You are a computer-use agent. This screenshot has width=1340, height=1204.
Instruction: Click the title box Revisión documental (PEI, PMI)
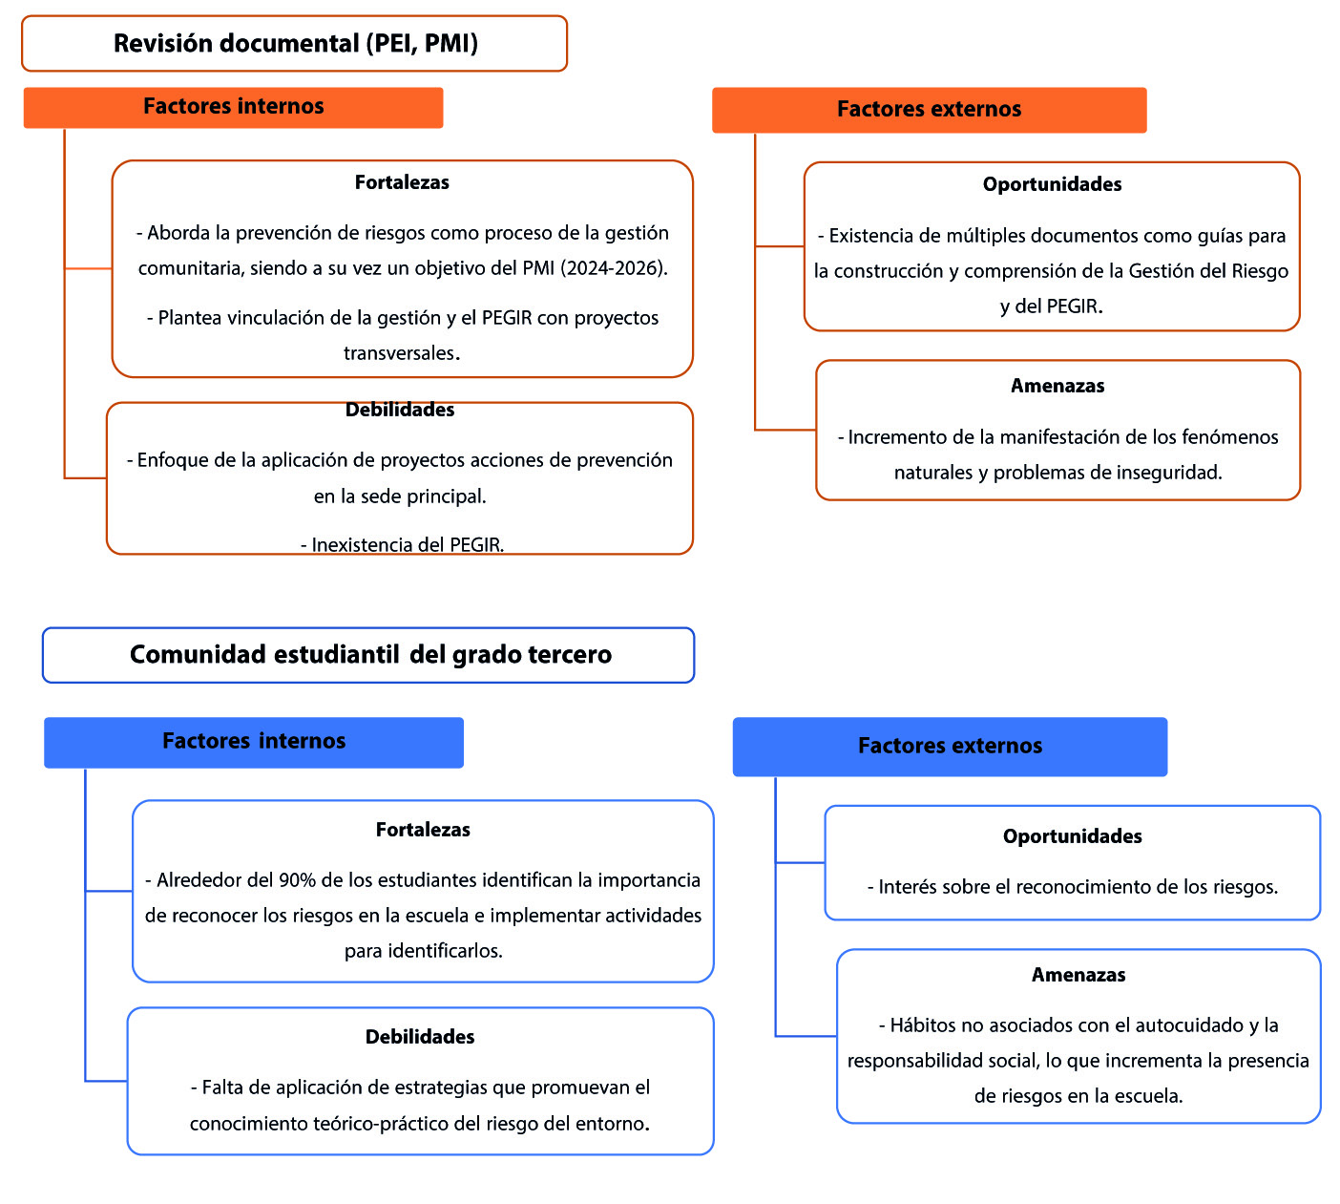pos(295,44)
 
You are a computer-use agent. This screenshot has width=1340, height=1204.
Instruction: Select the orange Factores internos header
pos(234,107)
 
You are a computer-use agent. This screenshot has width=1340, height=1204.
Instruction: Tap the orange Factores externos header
pos(929,110)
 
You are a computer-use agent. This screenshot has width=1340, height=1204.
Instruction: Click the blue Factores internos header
pos(254,742)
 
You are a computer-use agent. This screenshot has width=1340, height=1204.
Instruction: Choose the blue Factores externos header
pos(950,747)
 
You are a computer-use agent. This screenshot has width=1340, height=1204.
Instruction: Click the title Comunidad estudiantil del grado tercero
pos(370,655)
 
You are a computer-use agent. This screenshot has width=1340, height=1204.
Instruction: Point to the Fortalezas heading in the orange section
pos(402,182)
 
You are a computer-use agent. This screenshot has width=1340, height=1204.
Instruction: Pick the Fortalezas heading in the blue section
pos(423,830)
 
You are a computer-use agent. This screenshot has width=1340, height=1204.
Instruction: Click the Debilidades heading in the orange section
pos(400,411)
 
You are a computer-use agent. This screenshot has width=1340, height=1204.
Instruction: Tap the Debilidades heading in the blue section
pos(420,1037)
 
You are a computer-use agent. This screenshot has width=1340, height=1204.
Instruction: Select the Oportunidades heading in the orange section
pos(1052,184)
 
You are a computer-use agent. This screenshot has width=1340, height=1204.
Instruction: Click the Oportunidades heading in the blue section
pos(1072,836)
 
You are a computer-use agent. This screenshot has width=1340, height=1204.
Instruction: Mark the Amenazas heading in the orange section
pos(1057,386)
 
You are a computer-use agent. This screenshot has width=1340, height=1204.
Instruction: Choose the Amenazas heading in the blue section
pos(1078,975)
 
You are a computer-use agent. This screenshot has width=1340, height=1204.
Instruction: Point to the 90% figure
pos(297,880)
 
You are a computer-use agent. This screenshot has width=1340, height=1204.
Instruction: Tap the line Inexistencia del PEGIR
pos(403,545)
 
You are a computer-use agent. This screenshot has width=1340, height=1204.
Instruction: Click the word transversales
pos(401,353)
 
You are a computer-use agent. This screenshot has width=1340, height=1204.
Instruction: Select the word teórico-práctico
pos(397,1124)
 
